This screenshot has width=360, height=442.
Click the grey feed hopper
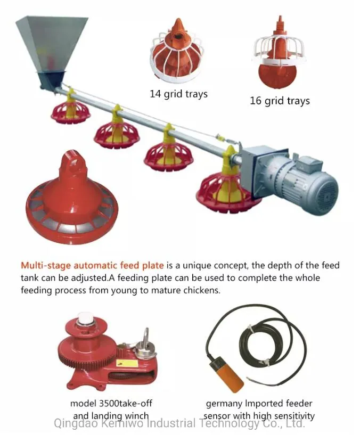tap(51, 48)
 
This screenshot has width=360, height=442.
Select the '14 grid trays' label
tap(178, 94)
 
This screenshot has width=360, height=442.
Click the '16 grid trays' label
tap(280, 101)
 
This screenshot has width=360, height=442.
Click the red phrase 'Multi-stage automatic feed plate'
tap(92, 266)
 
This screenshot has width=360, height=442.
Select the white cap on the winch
tap(85, 318)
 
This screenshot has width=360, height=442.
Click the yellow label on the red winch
tap(127, 363)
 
